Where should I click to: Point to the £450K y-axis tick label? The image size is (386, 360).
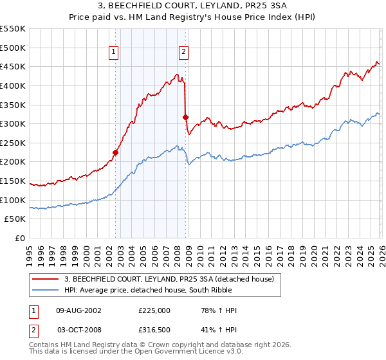13,66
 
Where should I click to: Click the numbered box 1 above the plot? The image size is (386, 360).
114,53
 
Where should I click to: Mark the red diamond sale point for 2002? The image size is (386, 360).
116,152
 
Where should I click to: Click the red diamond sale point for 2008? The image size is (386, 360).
186,118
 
